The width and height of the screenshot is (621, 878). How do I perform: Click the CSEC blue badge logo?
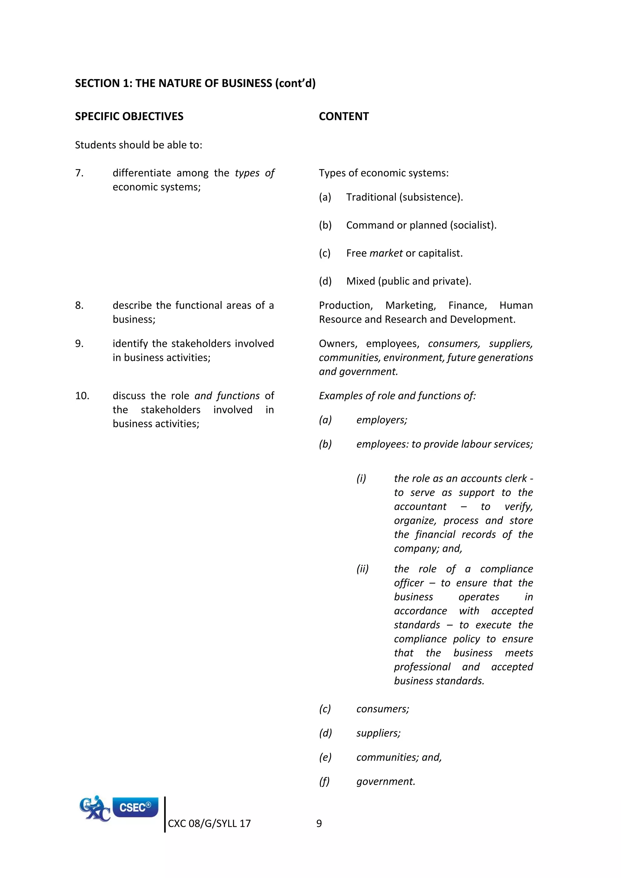(x=135, y=807)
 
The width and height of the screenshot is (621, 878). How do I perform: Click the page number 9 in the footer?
(x=319, y=823)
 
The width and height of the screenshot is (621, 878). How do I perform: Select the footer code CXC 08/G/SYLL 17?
(x=209, y=823)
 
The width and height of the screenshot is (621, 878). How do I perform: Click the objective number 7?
(x=79, y=173)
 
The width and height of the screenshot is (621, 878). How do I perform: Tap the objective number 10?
(x=82, y=396)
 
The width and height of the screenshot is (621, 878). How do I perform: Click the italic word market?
(x=386, y=253)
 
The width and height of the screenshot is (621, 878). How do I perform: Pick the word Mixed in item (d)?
(x=361, y=281)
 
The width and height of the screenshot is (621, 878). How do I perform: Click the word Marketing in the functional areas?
(x=410, y=306)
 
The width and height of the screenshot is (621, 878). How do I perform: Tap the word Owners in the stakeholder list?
(x=338, y=344)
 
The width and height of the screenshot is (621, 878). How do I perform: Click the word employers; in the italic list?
(x=382, y=420)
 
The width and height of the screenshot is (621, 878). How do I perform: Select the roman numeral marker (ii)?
(x=363, y=569)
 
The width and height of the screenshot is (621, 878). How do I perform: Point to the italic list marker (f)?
(x=324, y=782)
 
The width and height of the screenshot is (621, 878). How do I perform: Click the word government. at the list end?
(x=385, y=782)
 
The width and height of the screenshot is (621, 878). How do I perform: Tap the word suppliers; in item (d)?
(x=378, y=733)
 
